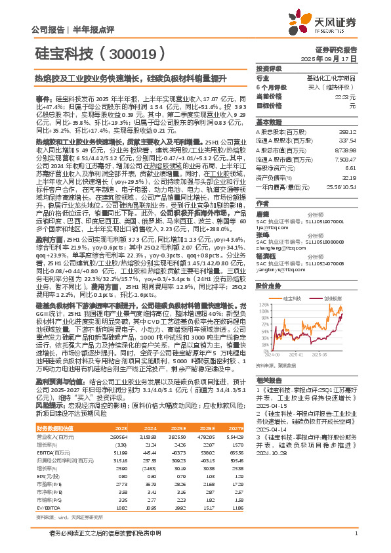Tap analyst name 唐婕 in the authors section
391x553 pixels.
coord(262,213)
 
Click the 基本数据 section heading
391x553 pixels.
coord(268,122)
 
